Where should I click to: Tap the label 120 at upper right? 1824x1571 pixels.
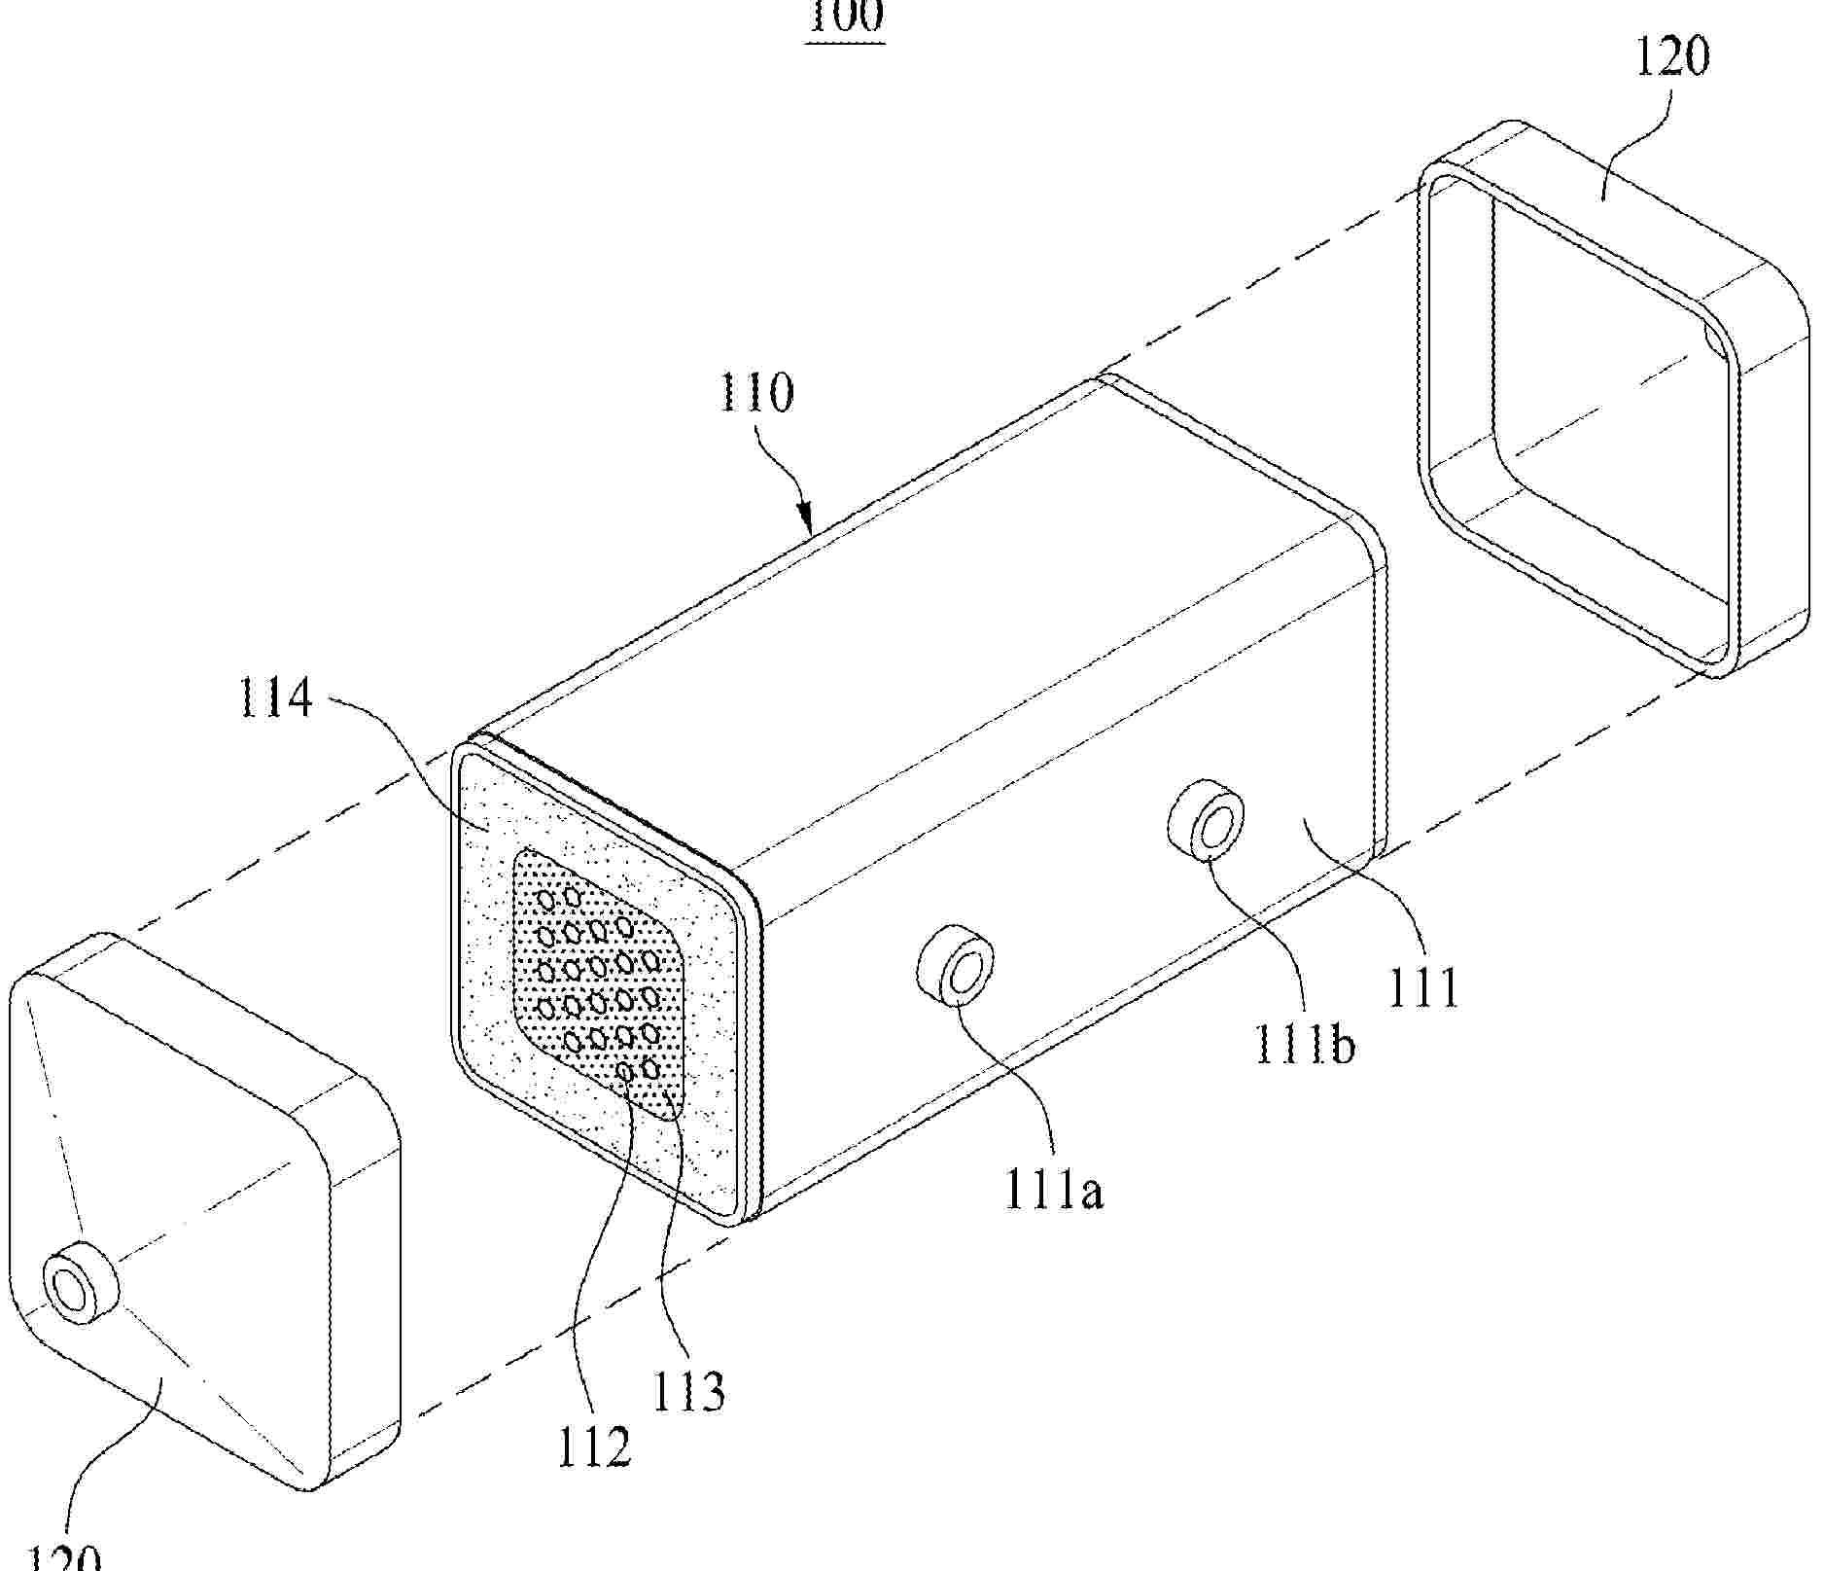tap(1671, 57)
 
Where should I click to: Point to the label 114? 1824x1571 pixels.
tap(276, 698)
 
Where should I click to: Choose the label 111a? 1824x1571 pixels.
tap(1054, 1191)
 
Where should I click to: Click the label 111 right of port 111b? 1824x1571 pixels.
tap(1423, 988)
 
